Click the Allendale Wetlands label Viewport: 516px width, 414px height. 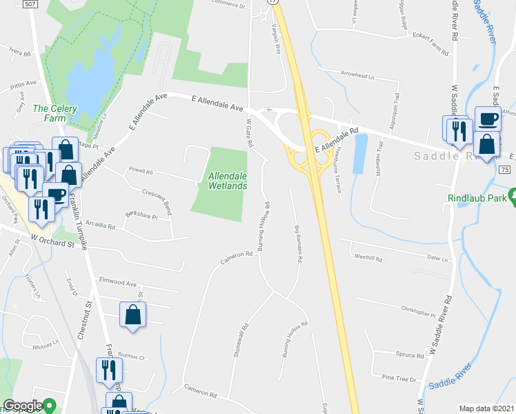coord(228,181)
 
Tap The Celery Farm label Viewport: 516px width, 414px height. coord(55,113)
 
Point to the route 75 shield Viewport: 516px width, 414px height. coord(504,170)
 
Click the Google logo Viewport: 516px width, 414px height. coord(23,406)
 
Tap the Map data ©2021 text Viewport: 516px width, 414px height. coord(486,408)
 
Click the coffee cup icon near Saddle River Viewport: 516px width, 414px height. coord(488,119)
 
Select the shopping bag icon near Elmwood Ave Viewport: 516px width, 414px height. coord(132,315)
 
